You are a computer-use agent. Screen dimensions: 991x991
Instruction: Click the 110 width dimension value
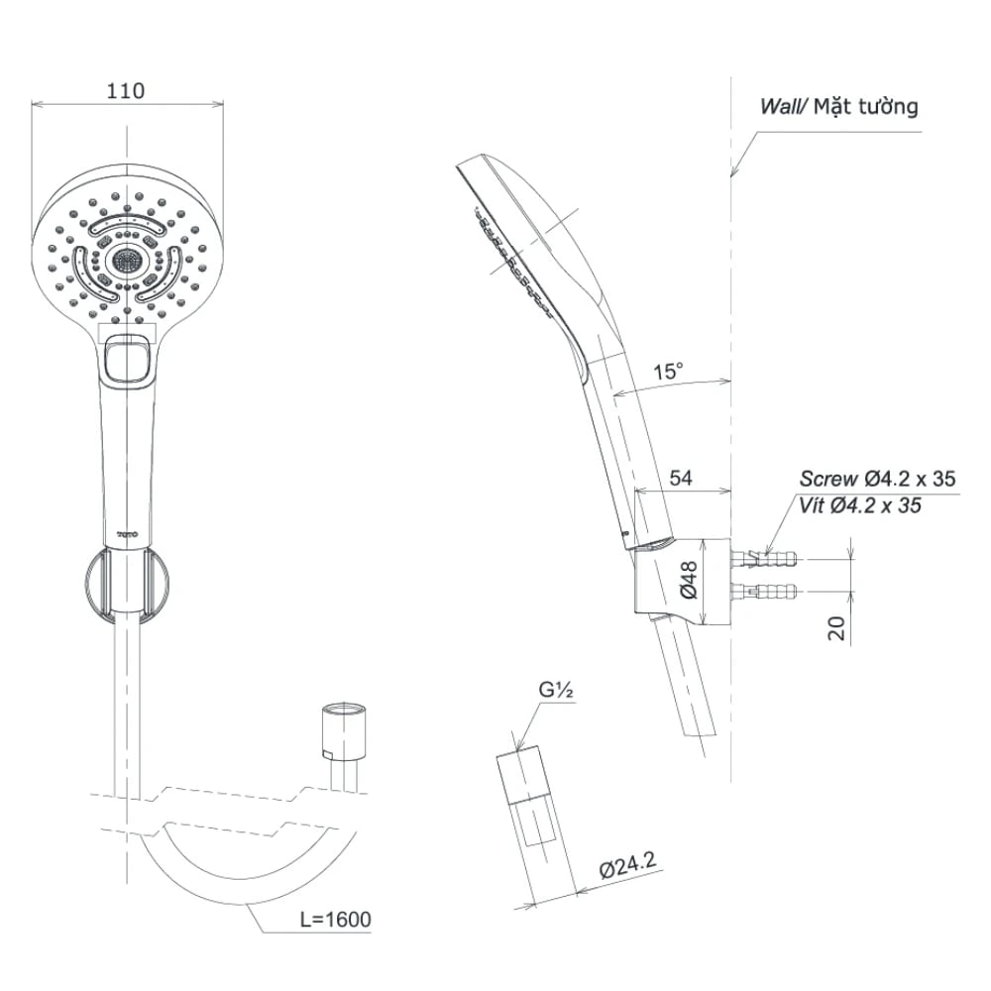[126, 91]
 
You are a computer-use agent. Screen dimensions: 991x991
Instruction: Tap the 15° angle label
[669, 373]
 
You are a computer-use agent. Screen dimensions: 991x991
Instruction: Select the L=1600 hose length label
[336, 920]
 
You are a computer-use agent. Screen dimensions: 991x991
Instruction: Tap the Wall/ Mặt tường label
[838, 107]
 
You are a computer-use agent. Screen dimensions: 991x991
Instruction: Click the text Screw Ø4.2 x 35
[878, 479]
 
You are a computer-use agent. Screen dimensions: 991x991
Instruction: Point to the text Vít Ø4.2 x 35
[860, 505]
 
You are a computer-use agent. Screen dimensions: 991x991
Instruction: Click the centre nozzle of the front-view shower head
[126, 262]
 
